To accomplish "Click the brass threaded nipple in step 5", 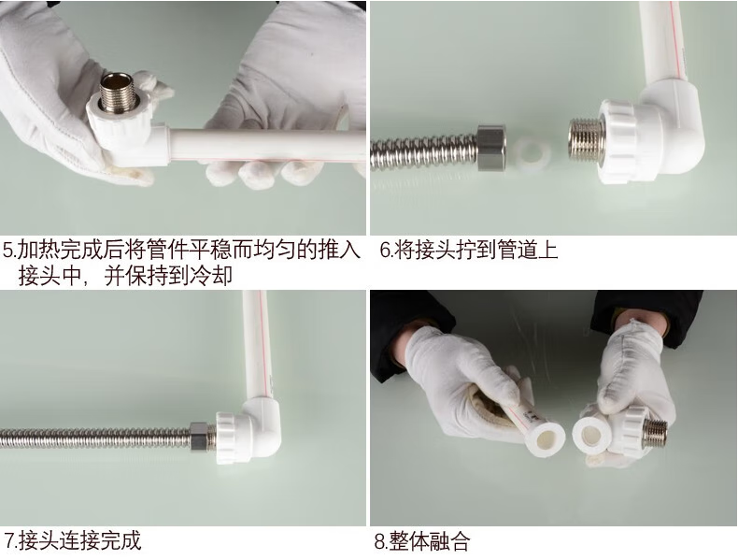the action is click(118, 93).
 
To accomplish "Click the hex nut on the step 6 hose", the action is click(491, 147).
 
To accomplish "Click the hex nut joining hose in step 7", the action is click(199, 437).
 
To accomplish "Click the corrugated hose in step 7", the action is click(94, 438).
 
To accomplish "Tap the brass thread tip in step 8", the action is click(654, 432).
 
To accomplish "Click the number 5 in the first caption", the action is click(8, 251).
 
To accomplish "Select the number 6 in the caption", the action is click(385, 251).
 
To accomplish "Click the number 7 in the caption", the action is click(9, 540).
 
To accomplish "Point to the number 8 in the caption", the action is click(380, 541).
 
